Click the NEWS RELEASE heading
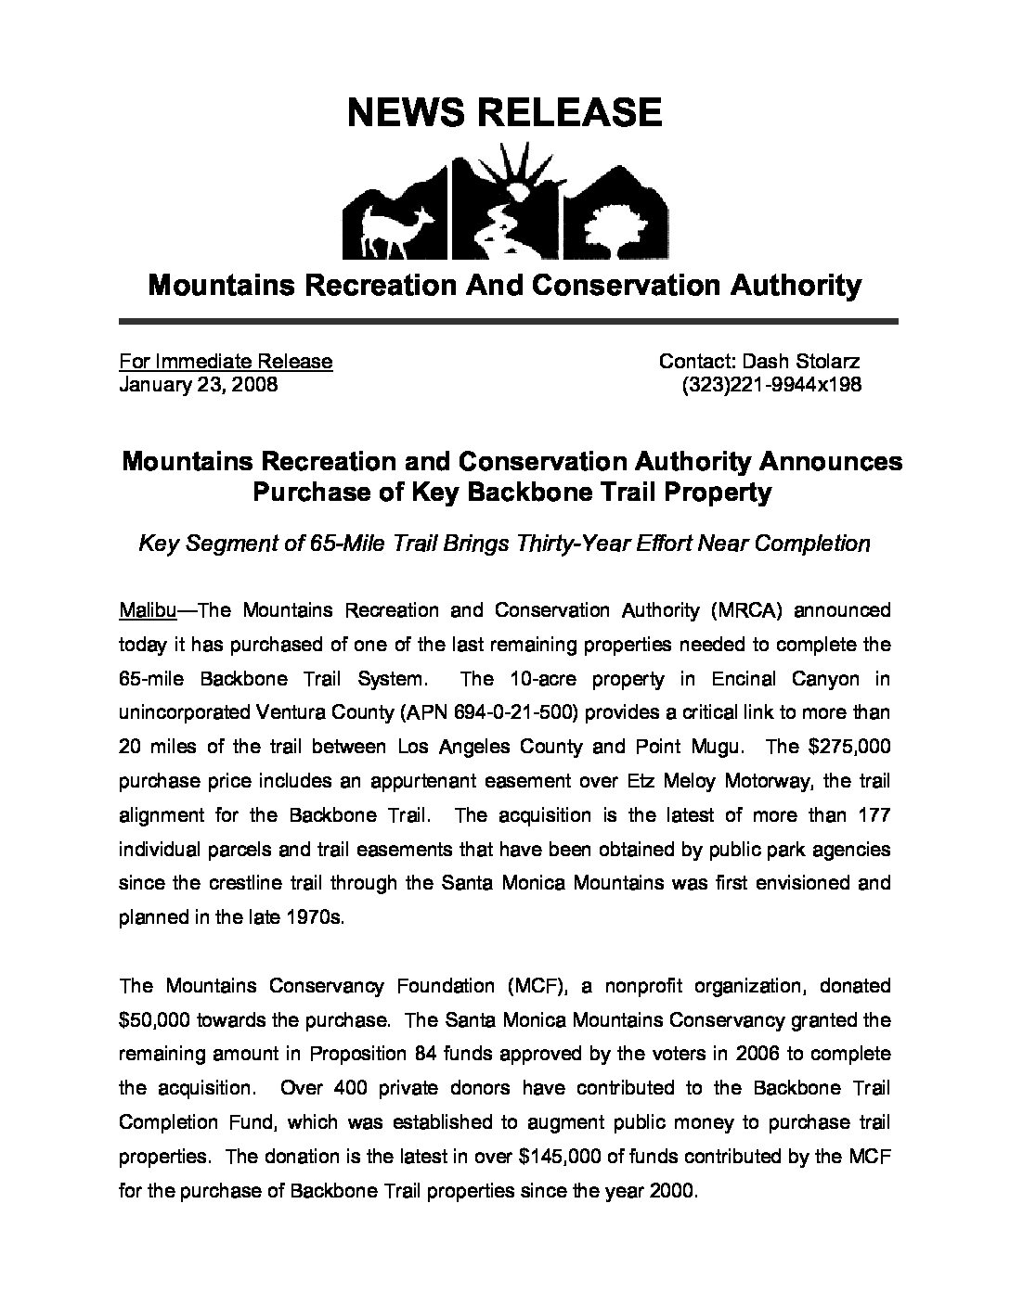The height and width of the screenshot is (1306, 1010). [504, 112]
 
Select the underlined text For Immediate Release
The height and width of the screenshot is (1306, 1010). [226, 361]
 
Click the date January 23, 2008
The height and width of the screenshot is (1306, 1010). [199, 384]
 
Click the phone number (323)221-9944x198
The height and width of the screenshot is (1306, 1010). [770, 384]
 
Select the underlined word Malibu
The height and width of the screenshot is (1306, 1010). [142, 610]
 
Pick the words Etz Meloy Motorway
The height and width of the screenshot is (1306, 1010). [719, 781]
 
